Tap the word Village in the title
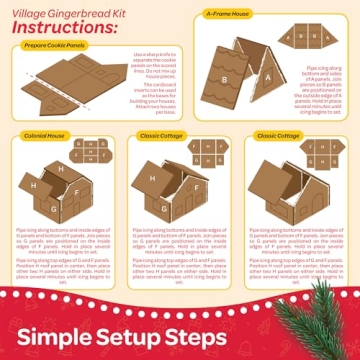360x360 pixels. click(x=24, y=7)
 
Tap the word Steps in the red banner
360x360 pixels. click(x=250, y=334)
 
